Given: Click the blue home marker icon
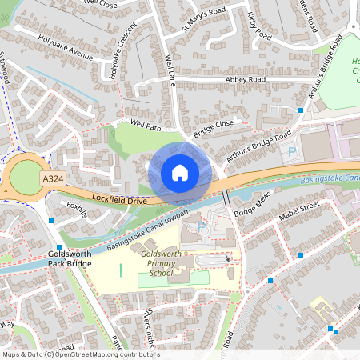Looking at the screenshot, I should pos(180,173).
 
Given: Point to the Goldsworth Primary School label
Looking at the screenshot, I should pos(161,263).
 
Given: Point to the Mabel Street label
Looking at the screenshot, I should pos(298,210).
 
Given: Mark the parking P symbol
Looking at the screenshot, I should pos(291,150).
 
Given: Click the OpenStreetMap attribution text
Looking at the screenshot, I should pos(80,354).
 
